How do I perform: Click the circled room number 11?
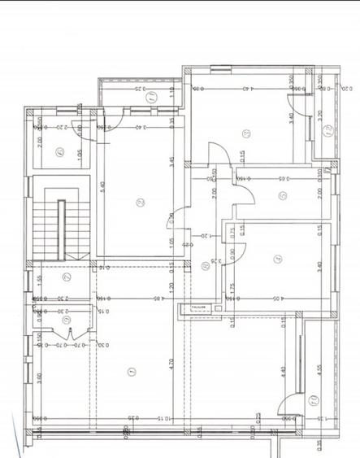(x=151, y=97)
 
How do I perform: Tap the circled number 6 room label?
(x=60, y=150)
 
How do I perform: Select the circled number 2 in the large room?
(x=139, y=203)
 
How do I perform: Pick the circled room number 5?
(x=281, y=195)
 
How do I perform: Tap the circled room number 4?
(x=278, y=260)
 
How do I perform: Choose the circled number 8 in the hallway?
(x=203, y=265)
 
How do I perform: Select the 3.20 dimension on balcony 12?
(x=321, y=116)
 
